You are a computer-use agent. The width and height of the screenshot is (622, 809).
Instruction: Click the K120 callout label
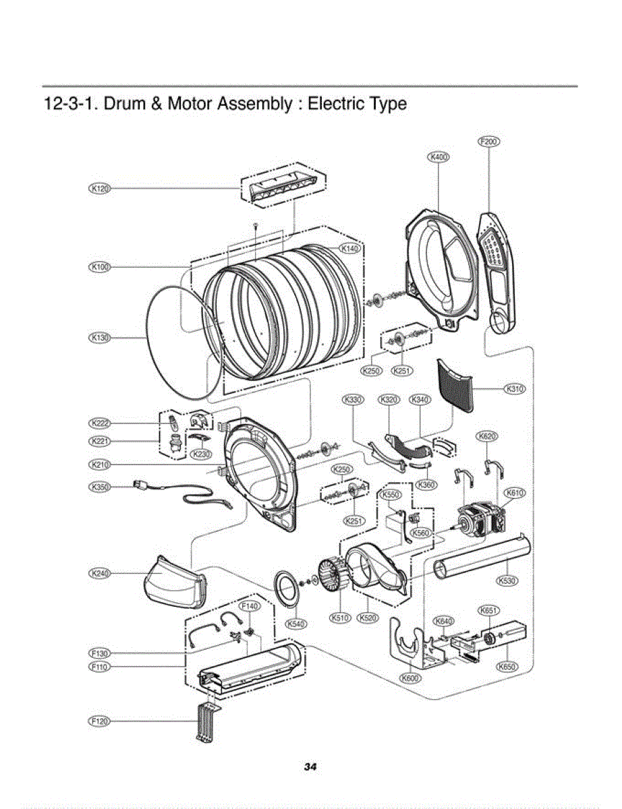[x=100, y=189]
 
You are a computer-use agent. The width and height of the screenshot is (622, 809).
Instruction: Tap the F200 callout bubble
[x=488, y=142]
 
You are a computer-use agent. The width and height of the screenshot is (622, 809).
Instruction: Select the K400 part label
[x=439, y=157]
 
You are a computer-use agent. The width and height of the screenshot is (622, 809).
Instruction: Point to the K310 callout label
[x=515, y=389]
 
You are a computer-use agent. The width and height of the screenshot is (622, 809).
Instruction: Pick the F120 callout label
[x=100, y=721]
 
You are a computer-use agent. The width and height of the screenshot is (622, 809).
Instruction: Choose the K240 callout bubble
[x=100, y=573]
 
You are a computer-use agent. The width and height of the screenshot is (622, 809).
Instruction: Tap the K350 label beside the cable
[x=100, y=486]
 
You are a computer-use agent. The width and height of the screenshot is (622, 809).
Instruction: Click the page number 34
[x=310, y=767]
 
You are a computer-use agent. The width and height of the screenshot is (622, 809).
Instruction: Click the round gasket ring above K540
[x=288, y=584]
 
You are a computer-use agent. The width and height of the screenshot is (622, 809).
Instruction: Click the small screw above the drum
[x=256, y=224]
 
